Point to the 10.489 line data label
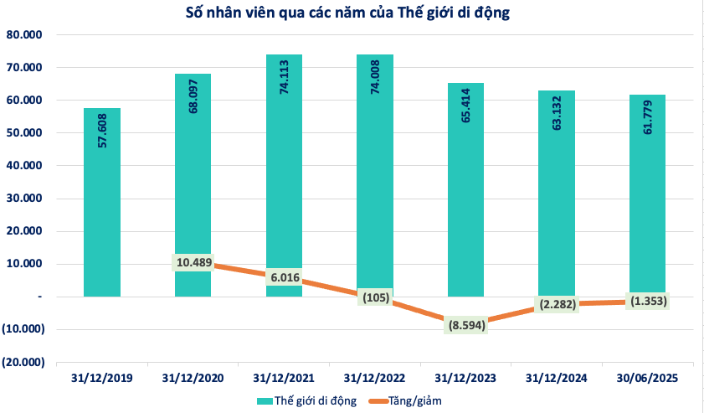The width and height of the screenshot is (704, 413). (x=193, y=262)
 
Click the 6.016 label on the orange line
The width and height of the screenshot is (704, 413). (x=284, y=277)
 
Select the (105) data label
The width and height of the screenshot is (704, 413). (x=375, y=297)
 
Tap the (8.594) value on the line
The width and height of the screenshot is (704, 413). (x=465, y=324)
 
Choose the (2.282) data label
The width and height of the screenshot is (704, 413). (x=557, y=304)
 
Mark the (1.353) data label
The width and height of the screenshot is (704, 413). (x=647, y=301)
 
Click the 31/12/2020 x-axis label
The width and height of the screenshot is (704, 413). (x=193, y=379)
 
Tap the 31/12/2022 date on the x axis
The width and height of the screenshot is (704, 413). (x=375, y=379)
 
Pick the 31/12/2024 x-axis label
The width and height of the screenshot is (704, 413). (x=557, y=379)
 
